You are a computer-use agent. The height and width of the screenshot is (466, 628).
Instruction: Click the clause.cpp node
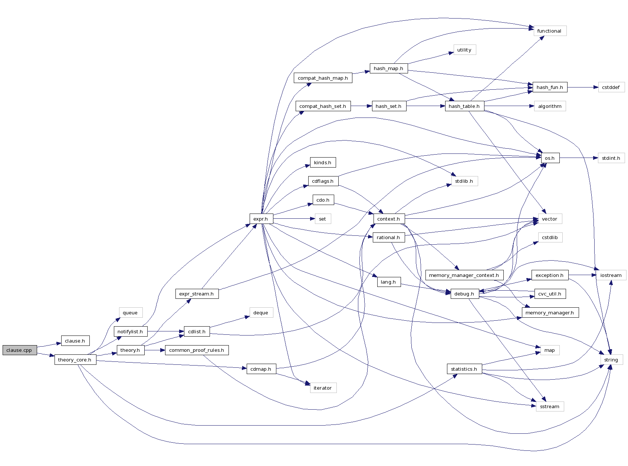[x=19, y=350]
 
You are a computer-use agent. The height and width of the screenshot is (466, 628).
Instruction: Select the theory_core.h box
[x=75, y=360]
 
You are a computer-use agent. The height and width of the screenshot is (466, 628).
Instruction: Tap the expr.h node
[x=261, y=219]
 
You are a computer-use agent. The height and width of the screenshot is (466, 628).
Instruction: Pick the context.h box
[x=388, y=219]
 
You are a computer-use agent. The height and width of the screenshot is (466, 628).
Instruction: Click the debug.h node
[x=464, y=294]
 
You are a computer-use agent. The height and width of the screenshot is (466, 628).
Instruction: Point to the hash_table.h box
[x=464, y=106]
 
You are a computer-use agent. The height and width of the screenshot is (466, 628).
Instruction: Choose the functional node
[x=549, y=31]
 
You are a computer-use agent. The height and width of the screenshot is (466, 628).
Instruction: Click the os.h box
[x=550, y=158]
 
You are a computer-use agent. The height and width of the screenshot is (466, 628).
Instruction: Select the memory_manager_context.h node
[x=464, y=275]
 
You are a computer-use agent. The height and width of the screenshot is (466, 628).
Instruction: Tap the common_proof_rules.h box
[x=197, y=350]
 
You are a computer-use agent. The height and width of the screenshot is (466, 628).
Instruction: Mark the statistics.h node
[x=464, y=369]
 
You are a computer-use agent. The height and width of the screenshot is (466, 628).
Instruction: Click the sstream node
[x=550, y=406]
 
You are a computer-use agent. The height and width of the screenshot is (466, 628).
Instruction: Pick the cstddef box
[x=611, y=87]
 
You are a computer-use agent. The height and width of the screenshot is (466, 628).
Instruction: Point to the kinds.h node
[x=323, y=162]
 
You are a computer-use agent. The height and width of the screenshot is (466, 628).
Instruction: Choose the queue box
[x=130, y=313]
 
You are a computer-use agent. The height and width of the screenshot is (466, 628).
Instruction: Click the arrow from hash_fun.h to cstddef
[x=582, y=87]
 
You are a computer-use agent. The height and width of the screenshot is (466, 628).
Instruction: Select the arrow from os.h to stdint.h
[x=579, y=158]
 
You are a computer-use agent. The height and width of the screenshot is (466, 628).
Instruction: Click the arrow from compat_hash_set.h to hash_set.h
[x=361, y=106]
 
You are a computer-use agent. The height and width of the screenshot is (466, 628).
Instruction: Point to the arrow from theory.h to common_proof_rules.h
[x=155, y=350]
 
